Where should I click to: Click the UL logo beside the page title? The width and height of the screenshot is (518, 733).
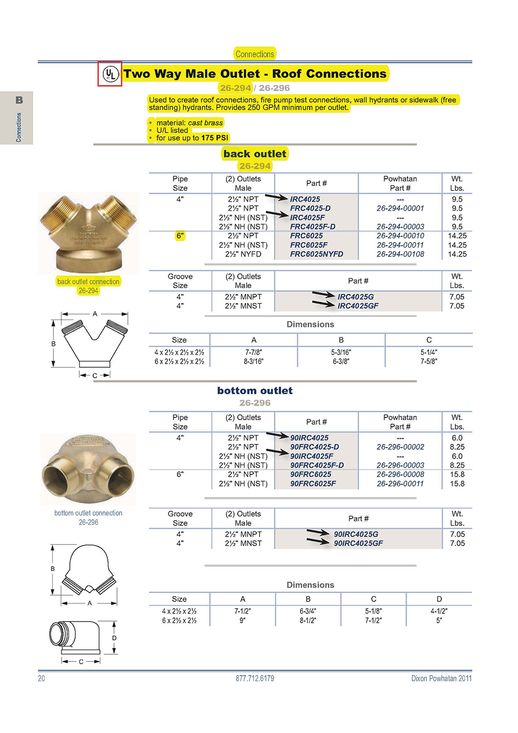point(110,74)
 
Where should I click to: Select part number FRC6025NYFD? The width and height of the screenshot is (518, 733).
point(316,254)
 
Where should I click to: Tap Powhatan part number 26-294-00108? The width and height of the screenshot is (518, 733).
point(400,254)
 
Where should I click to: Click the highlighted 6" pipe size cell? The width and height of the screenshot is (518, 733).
point(180,236)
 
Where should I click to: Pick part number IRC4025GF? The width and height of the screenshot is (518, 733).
point(358,306)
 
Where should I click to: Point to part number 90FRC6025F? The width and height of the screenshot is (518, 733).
point(313,484)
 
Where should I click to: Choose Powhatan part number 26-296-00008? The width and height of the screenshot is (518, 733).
point(400,475)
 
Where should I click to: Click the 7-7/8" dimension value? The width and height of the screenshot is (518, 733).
point(254,352)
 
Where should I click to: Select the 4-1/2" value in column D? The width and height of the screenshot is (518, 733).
point(439,611)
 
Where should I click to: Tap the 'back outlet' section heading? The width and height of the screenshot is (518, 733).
point(255,154)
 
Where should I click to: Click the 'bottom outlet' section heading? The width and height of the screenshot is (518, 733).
point(255,391)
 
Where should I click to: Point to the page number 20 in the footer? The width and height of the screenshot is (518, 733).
point(41,679)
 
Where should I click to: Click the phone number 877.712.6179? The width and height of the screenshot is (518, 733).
point(255,679)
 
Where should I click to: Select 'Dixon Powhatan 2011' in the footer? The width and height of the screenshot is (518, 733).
point(441,679)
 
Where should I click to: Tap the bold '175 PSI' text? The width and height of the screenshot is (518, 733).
point(214,138)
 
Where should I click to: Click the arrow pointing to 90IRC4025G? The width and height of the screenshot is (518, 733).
point(318,533)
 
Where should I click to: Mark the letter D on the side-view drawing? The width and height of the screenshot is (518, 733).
point(114,638)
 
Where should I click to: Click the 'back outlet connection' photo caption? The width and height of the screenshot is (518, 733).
point(88,282)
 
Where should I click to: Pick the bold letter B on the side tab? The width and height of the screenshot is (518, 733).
point(19,100)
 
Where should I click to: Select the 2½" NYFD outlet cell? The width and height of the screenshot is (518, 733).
point(243,254)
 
